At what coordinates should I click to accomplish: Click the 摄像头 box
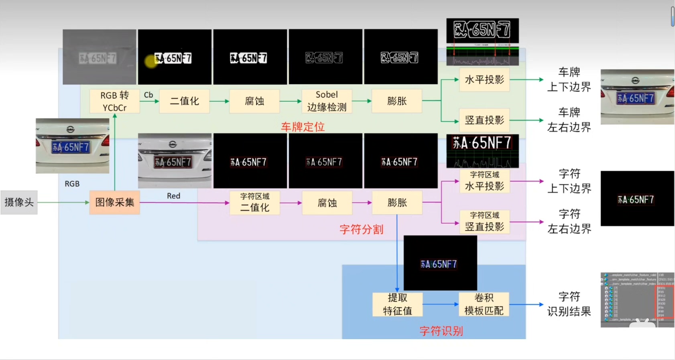point(19,202)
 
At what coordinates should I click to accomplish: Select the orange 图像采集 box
point(114,202)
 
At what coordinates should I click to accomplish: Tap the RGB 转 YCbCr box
point(114,101)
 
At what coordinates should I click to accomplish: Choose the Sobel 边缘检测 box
point(327,101)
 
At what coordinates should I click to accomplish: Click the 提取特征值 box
point(397,304)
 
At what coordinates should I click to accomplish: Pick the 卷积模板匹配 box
point(484,304)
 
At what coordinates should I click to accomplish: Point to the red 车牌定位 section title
point(303,127)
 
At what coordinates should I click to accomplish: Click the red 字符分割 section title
point(361,229)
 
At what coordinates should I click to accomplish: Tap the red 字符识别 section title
point(441,331)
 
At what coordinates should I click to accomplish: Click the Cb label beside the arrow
point(148,95)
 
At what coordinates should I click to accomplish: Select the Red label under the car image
point(173,196)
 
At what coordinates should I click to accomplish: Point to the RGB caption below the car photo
point(72,184)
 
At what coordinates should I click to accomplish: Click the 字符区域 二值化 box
point(254,202)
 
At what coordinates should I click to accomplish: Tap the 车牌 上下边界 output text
point(569,79)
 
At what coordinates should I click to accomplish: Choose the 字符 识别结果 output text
point(569,304)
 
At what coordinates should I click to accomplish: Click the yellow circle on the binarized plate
point(151,61)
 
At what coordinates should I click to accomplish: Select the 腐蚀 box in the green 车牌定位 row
point(254,101)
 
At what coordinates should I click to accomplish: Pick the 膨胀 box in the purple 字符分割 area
point(397,202)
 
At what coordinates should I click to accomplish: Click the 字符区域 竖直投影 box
point(484,222)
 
